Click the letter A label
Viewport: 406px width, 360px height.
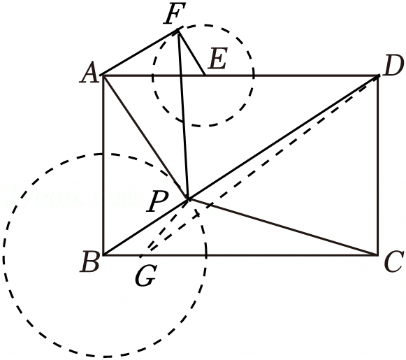pos(89,73)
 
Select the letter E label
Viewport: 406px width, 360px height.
pos(218,59)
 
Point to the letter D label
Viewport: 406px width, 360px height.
pos(393,66)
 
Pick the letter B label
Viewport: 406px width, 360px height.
pos(89,261)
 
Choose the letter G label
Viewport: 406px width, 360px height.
pos(145,276)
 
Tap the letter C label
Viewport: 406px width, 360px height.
pos(394,261)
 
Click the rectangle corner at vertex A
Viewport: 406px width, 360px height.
pos(103,75)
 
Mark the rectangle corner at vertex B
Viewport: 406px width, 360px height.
pos(103,255)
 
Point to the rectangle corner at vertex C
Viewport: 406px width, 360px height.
pos(378,255)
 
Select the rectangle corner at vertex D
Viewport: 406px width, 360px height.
pos(378,75)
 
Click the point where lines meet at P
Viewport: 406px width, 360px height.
pos(188,199)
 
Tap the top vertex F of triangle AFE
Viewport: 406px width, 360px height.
pos(177,31)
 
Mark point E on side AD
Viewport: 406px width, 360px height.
pos(205,75)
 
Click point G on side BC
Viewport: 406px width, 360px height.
pos(141,256)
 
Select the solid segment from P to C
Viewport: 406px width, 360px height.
pos(283,227)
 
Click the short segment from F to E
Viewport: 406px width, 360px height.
pos(191,53)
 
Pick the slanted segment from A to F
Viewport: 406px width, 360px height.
pos(140,53)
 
